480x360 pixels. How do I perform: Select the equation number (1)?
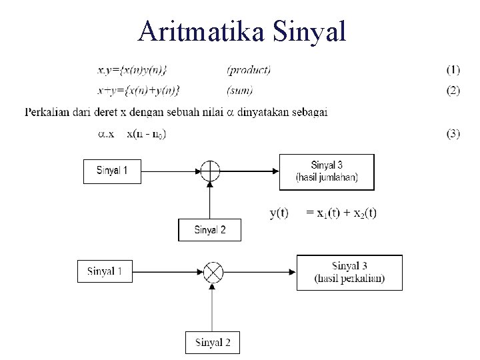pos(453,69)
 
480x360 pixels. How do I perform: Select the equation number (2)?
pos(453,91)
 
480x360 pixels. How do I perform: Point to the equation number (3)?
pos(453,134)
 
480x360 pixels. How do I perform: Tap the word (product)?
pos(249,69)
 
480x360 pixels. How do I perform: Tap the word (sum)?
pos(240,91)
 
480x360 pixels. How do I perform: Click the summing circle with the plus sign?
pos(210,171)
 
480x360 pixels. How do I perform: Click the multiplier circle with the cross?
pos(213,271)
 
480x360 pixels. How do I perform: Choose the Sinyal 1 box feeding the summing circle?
pos(112,171)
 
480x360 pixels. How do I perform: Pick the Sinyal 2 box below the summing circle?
pos(209,230)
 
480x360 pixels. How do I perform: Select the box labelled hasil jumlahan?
pos(327,171)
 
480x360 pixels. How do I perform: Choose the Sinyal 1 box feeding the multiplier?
pos(105,271)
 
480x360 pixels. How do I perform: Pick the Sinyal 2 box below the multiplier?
pos(212,343)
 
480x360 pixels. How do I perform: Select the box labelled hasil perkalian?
pos(349,272)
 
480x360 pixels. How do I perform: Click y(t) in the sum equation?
pos(279,213)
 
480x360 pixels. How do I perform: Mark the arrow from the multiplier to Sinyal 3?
pos(260,271)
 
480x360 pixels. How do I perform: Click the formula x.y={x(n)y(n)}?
pos(132,69)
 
